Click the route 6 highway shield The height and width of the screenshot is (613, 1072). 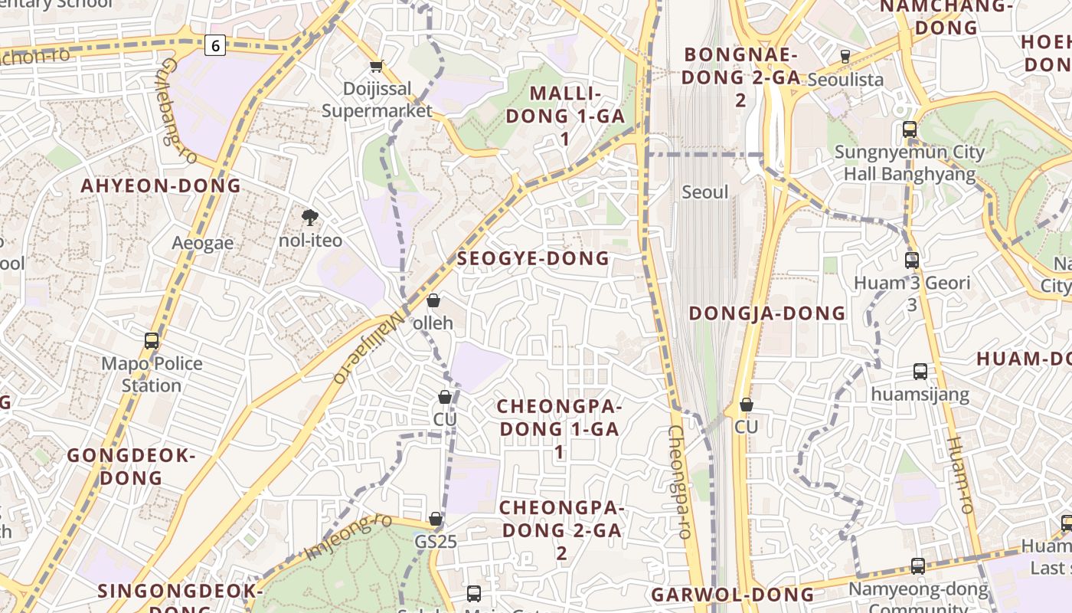pyautogui.click(x=215, y=46)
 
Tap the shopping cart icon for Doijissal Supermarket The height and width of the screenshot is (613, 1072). pyautogui.click(x=376, y=67)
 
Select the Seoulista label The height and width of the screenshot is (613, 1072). pyautogui.click(x=845, y=79)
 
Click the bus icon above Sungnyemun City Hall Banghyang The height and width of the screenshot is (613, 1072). pyautogui.click(x=910, y=129)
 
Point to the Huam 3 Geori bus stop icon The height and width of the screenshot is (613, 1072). pyautogui.click(x=911, y=261)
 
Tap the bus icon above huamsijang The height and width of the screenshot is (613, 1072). pyautogui.click(x=920, y=372)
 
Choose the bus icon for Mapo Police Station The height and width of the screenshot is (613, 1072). pyautogui.click(x=152, y=341)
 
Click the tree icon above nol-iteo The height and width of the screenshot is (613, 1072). pyautogui.click(x=310, y=218)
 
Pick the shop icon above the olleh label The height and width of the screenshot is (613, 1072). pyautogui.click(x=433, y=300)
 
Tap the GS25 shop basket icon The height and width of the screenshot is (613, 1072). pyautogui.click(x=436, y=520)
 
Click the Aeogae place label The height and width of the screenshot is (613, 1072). pyautogui.click(x=202, y=243)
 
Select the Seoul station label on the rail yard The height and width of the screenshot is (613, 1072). pyautogui.click(x=704, y=192)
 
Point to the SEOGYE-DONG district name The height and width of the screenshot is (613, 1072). pyautogui.click(x=533, y=258)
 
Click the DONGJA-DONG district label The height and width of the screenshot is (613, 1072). pyautogui.click(x=767, y=313)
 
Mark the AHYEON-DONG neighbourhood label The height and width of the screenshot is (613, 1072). pyautogui.click(x=161, y=185)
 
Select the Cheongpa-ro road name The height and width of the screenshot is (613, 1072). pyautogui.click(x=680, y=483)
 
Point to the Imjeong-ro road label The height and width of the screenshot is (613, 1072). pyautogui.click(x=348, y=536)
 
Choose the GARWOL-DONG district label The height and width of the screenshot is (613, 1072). pyautogui.click(x=733, y=595)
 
